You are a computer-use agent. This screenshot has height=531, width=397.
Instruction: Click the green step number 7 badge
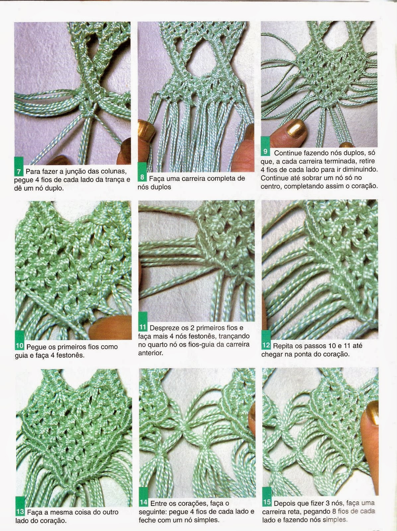click(x=19, y=166)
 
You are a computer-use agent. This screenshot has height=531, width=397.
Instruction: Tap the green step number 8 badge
click(x=142, y=172)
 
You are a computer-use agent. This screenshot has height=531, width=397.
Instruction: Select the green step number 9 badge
click(x=265, y=146)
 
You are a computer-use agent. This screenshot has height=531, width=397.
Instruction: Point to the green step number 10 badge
click(x=20, y=340)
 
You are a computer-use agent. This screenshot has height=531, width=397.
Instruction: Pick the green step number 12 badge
click(x=266, y=340)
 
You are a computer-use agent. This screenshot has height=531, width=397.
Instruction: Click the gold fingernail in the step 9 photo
click(x=296, y=127)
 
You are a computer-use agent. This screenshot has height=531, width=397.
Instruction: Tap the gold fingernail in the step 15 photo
click(x=372, y=413)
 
